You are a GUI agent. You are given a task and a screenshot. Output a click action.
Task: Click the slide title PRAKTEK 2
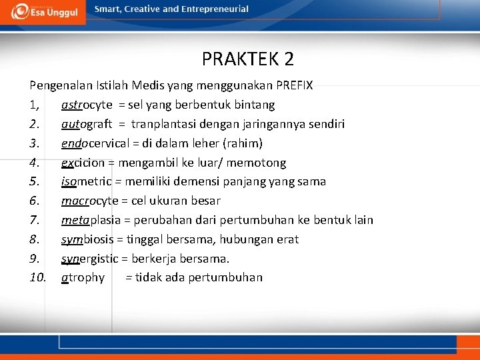pos(247,59)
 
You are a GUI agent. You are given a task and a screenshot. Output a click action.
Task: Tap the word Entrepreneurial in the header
pos(215,9)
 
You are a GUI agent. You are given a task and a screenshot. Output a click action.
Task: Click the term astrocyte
pos(87,105)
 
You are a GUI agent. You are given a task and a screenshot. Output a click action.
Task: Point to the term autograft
pos(87,124)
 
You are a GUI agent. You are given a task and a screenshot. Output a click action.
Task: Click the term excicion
pos(84,163)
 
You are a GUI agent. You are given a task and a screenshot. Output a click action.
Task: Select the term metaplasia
pos(88,220)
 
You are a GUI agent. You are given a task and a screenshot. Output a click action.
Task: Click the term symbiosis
pos(86,239)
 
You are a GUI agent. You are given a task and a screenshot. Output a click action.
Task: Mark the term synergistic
pos(89,258)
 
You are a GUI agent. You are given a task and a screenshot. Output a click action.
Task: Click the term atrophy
pos(83,277)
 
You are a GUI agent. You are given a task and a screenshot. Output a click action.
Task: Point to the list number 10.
pos(37,277)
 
